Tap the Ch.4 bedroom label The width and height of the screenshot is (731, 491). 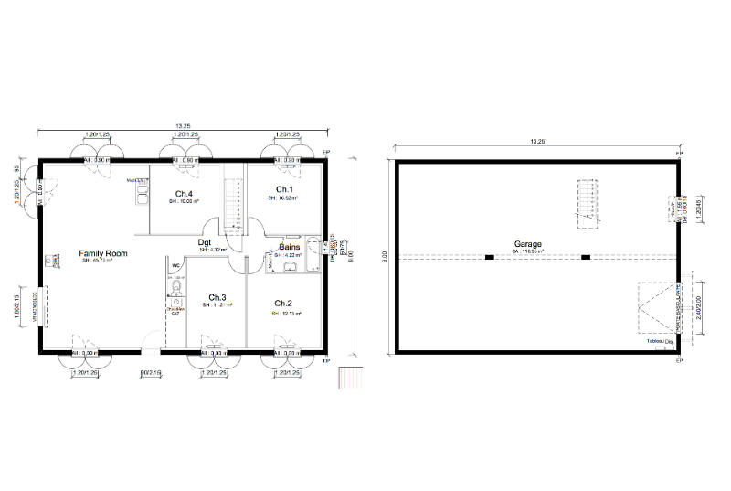pyautogui.click(x=183, y=193)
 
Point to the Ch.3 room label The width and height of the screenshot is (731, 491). pyautogui.click(x=217, y=298)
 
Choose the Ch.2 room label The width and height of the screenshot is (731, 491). pyautogui.click(x=282, y=304)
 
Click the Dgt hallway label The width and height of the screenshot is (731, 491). pyautogui.click(x=206, y=242)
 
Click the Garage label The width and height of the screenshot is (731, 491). pyautogui.click(x=527, y=244)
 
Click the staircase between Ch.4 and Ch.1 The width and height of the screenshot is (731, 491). pyautogui.click(x=235, y=206)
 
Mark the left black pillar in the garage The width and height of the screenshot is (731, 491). pyautogui.click(x=490, y=257)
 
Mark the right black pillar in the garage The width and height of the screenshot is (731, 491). pyautogui.click(x=585, y=257)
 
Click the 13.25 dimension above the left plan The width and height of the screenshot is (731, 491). pyautogui.click(x=183, y=126)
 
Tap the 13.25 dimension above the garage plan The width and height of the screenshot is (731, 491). pyautogui.click(x=536, y=142)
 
